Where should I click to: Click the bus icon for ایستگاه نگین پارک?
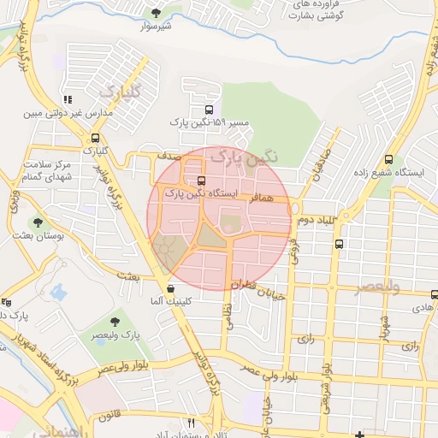tap(201, 181)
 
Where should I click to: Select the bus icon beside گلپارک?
tap(95, 137)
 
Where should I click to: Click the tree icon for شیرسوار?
tap(155, 12)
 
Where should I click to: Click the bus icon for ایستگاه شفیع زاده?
tap(389, 159)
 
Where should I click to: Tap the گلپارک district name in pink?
tap(117, 90)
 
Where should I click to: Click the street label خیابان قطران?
tap(256, 285)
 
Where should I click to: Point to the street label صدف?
tap(167, 157)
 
